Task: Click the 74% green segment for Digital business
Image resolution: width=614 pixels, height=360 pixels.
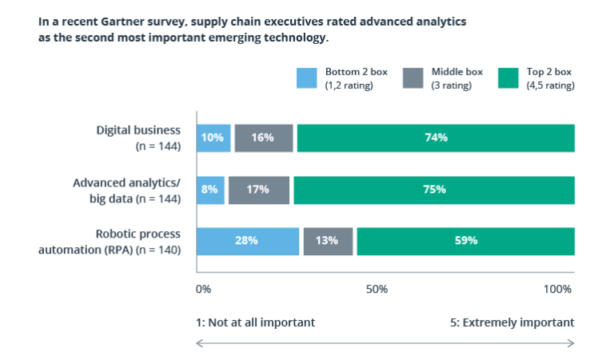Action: point(436,138)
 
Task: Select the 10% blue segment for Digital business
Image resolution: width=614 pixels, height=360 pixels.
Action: point(213,138)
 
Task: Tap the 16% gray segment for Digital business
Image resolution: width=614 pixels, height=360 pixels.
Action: point(264,138)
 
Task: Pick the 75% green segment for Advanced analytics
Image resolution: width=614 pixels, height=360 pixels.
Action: point(434,190)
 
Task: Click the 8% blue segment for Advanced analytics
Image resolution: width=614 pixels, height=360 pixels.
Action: point(210,190)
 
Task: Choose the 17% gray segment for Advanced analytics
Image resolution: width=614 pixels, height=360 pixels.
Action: point(258,190)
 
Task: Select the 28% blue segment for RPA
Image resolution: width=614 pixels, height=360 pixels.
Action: point(248,241)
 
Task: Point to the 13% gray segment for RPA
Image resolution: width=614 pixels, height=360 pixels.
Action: point(328,241)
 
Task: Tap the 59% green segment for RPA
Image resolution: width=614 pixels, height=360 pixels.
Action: point(465,241)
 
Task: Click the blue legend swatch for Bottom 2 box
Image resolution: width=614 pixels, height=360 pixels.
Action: point(307,78)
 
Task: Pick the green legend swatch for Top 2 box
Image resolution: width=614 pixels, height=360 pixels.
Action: point(508,78)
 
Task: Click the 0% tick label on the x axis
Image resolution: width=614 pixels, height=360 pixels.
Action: point(203,288)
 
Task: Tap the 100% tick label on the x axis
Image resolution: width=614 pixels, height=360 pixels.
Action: point(557,288)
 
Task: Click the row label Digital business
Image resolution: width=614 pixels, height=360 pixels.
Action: point(138,131)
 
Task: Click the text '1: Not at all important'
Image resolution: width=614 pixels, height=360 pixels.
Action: point(255,322)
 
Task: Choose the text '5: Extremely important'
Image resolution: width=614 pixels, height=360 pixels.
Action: point(512,322)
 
